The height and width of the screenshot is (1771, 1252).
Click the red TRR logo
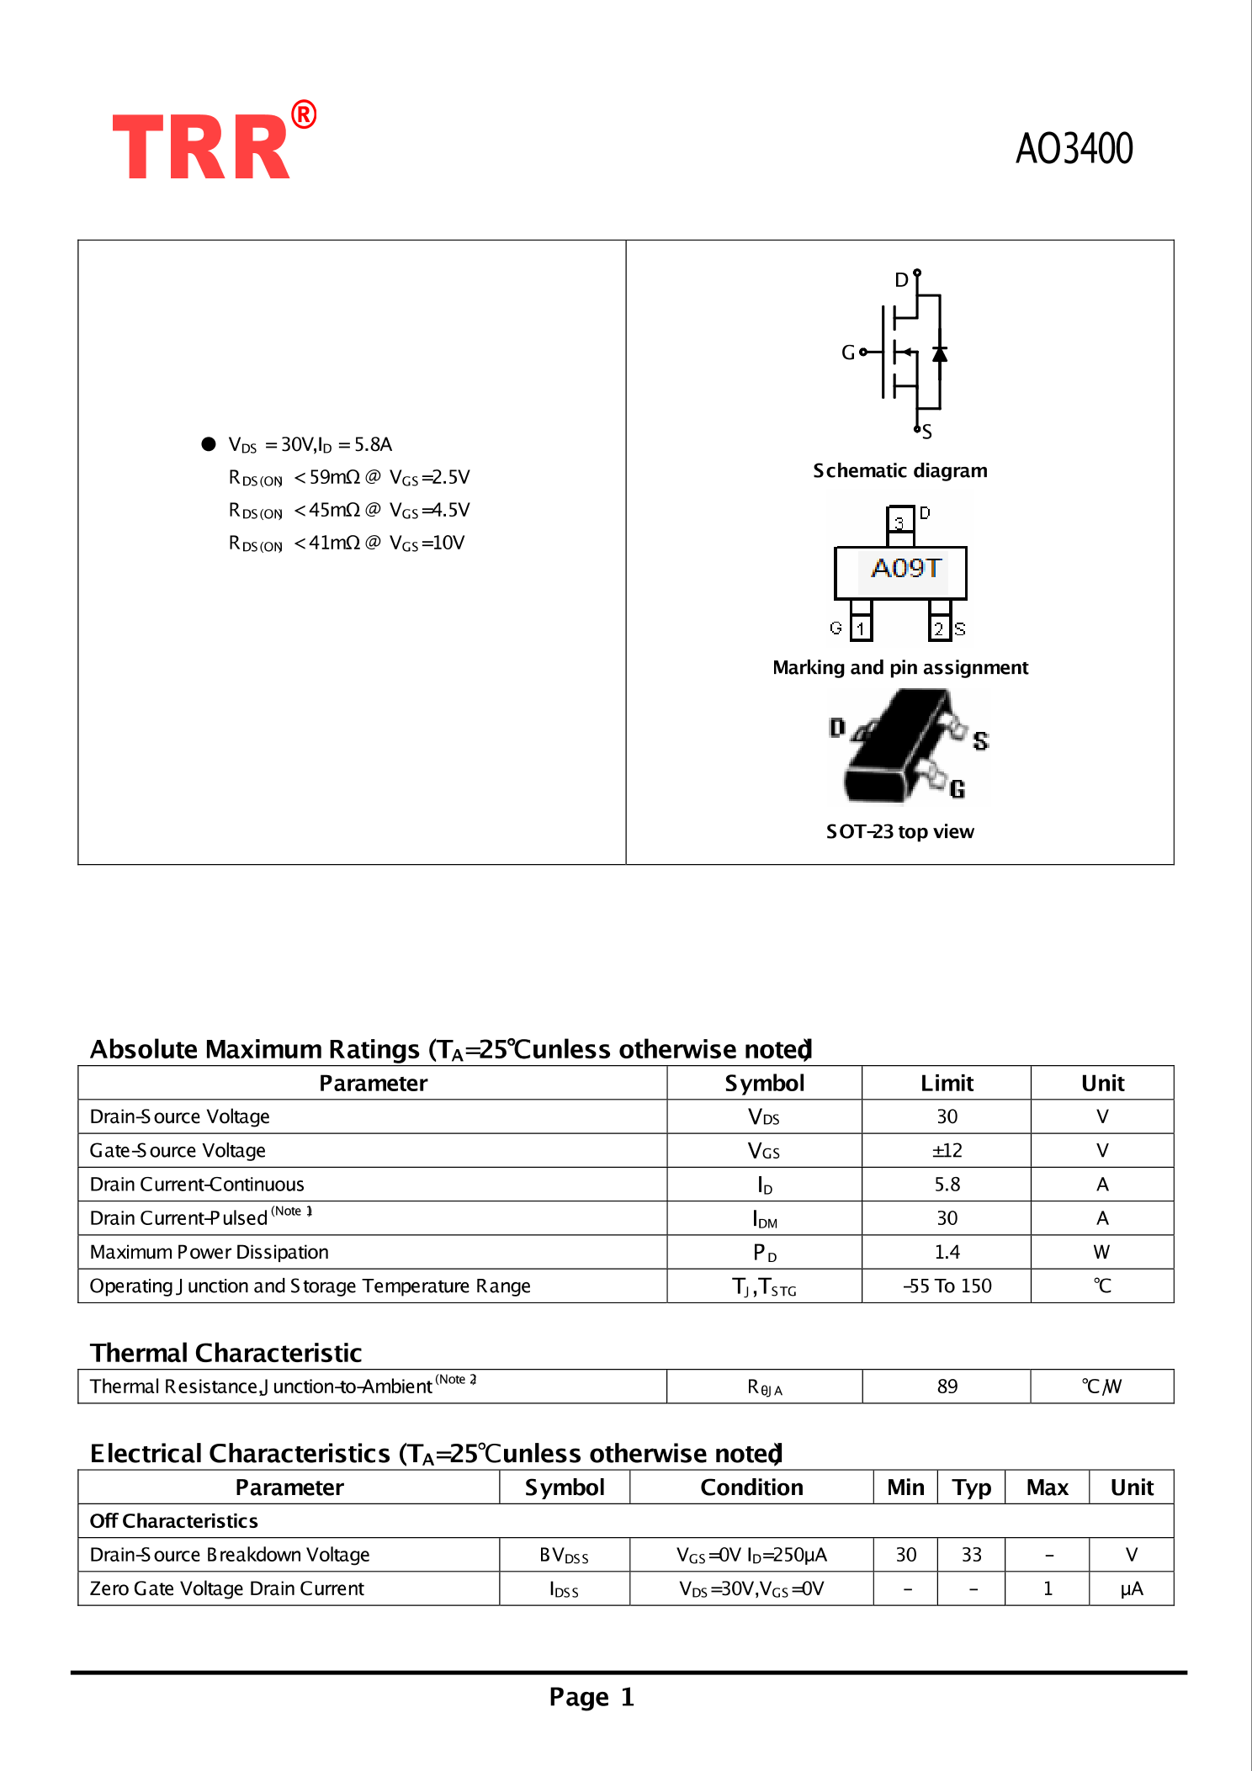click(202, 146)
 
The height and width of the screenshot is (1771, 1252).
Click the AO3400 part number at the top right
click(1074, 149)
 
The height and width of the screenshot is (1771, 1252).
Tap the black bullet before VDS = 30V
click(209, 444)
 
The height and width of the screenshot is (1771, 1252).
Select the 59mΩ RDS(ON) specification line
click(348, 478)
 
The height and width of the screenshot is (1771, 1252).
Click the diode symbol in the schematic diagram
click(939, 354)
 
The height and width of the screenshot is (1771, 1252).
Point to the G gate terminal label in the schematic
click(848, 353)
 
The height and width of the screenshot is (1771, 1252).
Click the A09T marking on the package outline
click(905, 569)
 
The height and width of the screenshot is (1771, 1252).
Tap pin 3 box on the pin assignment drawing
click(899, 522)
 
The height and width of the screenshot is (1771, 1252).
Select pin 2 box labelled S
click(939, 628)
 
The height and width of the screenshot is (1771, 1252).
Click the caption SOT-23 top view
click(899, 832)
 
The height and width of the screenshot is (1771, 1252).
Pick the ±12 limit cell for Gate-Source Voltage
click(947, 1151)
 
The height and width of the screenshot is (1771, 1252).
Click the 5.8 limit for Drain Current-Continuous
click(947, 1185)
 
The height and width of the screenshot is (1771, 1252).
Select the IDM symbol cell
click(764, 1219)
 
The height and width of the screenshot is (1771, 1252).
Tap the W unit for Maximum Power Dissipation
click(1101, 1253)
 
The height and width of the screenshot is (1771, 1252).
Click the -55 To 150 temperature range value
click(947, 1286)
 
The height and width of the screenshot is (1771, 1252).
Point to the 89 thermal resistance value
click(947, 1387)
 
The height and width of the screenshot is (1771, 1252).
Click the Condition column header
click(751, 1487)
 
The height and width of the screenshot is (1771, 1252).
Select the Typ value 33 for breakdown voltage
click(971, 1555)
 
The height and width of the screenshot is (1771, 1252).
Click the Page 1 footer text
click(592, 1697)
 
